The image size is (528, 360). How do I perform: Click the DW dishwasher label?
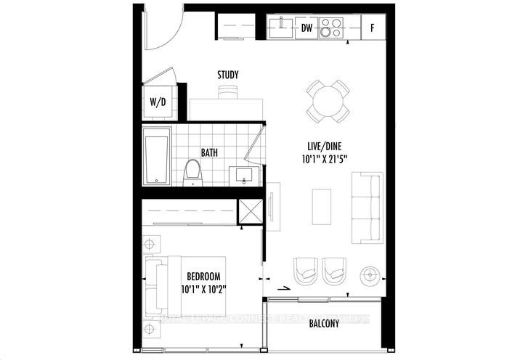point(308,28)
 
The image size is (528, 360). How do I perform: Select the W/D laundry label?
point(158,102)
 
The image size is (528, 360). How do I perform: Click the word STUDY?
point(228,75)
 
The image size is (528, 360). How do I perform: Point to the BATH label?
point(211,153)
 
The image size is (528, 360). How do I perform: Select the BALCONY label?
point(325,323)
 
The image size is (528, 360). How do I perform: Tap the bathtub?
point(157,156)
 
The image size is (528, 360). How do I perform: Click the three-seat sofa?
point(367,208)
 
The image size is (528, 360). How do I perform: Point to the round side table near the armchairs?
point(371,274)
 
